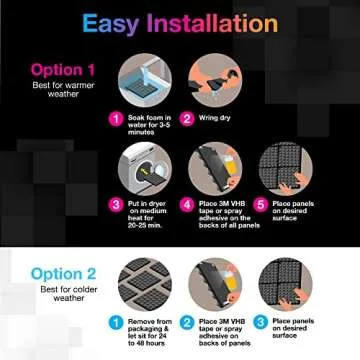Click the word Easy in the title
(109, 23)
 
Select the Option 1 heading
(63, 70)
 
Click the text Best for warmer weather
(63, 90)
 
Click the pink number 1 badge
(116, 118)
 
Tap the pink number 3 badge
(116, 205)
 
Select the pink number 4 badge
(186, 205)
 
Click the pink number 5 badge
(259, 205)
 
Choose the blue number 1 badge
(116, 323)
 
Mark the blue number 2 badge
(186, 323)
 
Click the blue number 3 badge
(259, 323)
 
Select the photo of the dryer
(145, 168)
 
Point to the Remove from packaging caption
(147, 329)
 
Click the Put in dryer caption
(145, 213)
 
